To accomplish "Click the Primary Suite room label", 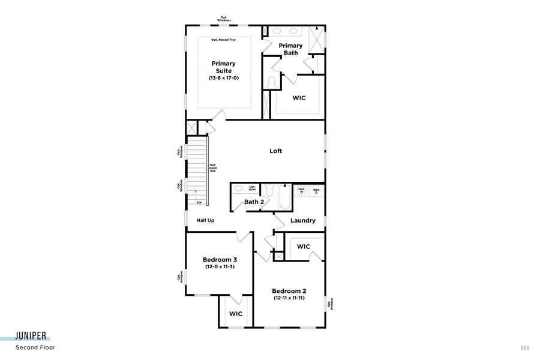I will click(223, 67).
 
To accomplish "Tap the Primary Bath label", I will click(290, 49).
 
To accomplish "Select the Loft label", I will click(275, 151).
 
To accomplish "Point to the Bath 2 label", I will click(254, 202).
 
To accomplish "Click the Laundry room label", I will click(302, 220).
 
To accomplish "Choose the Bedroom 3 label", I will click(219, 260).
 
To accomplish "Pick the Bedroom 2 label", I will click(289, 291).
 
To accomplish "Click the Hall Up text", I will click(205, 220).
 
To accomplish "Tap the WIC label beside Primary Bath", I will click(299, 98).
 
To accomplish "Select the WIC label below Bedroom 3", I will click(235, 314).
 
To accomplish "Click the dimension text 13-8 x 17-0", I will click(223, 78).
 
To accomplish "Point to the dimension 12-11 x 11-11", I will click(289, 298).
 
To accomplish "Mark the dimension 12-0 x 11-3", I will click(219, 266).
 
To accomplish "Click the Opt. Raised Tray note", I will click(223, 40).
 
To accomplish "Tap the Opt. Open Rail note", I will click(213, 168).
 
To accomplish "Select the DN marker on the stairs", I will click(199, 203).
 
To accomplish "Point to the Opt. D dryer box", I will click(316, 191).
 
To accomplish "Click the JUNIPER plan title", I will click(32, 337).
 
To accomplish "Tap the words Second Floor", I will click(35, 347).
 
